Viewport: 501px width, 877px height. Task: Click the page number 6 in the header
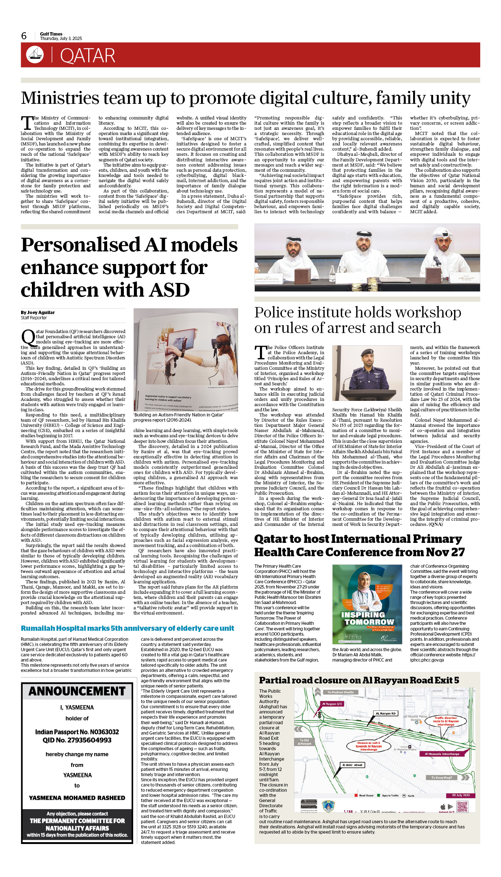pos(24,36)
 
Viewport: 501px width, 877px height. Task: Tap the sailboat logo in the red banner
pos(35,55)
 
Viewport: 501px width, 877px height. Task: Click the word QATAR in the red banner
pos(88,56)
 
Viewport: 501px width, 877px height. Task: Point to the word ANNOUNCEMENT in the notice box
pos(77,692)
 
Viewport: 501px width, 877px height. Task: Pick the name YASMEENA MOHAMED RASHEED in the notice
pos(77,798)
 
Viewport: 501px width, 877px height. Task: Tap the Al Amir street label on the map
pos(352,765)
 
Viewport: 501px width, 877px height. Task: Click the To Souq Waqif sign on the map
pos(441,778)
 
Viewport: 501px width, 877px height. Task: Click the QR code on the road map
pos(462,807)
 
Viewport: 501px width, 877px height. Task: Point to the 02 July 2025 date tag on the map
pos(461,795)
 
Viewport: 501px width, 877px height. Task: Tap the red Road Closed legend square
pos(356,795)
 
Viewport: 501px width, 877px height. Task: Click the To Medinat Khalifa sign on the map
pos(340,692)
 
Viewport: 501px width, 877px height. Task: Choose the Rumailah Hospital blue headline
pos(127,629)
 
